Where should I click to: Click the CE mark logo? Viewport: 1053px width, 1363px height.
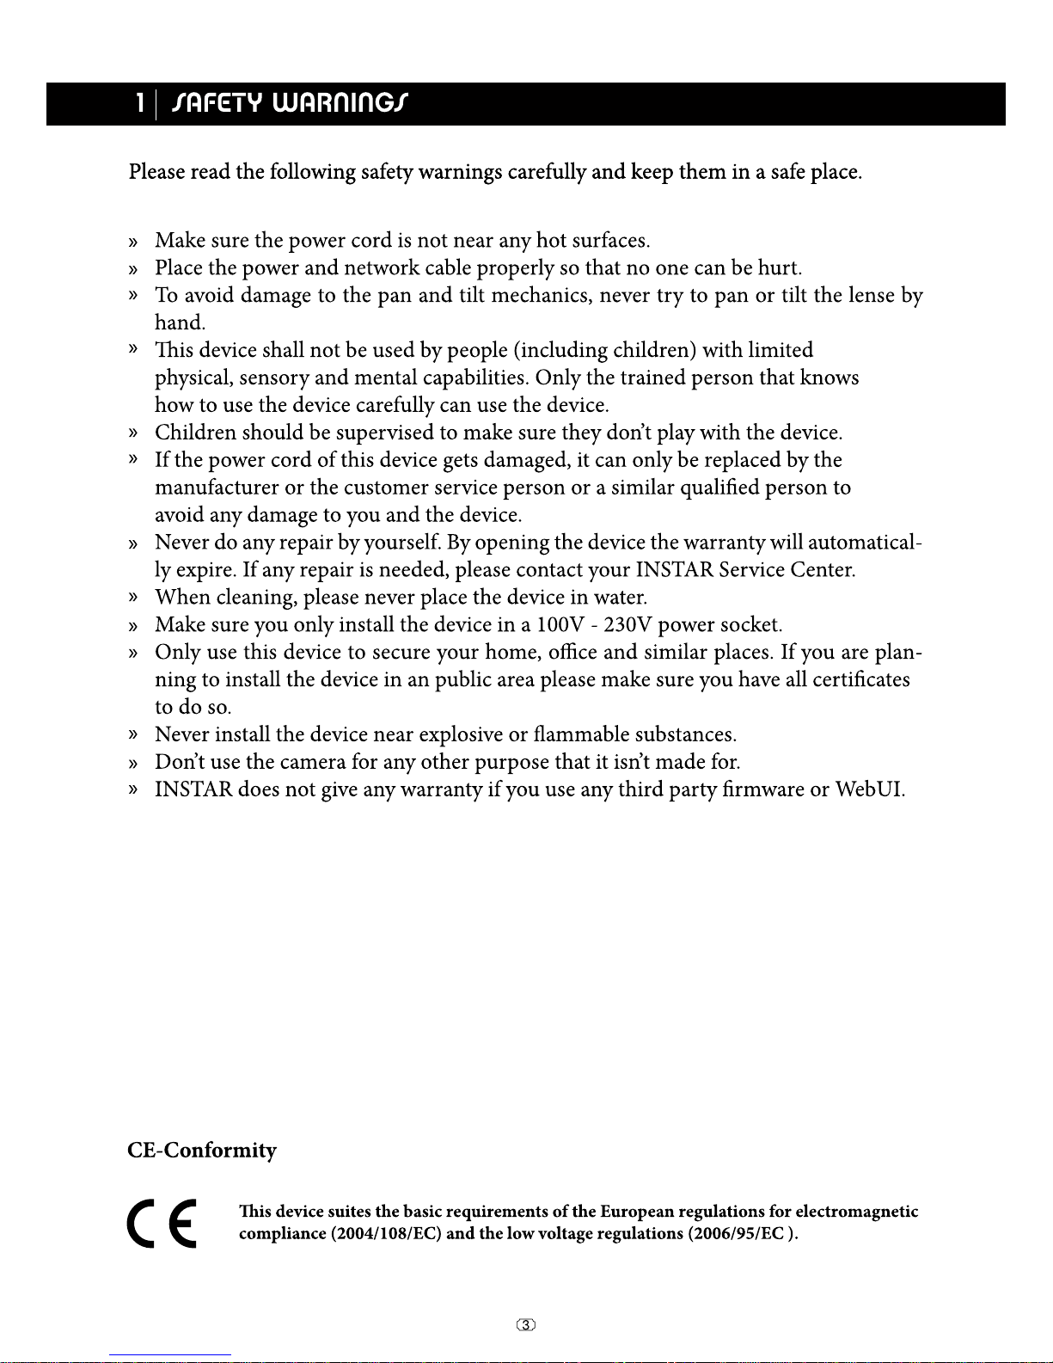(x=162, y=1223)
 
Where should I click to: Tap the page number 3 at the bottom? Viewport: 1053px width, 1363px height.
(x=526, y=1325)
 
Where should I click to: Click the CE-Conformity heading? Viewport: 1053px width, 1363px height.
(x=202, y=1151)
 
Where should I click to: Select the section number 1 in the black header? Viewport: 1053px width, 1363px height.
(x=139, y=104)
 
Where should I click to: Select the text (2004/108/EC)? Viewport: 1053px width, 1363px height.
(x=386, y=1234)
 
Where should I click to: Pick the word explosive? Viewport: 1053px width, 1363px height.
(x=461, y=734)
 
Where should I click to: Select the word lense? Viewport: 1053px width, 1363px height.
(x=872, y=295)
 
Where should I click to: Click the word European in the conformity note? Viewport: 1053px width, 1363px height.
(x=637, y=1212)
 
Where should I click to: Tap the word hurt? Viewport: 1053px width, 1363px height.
(x=779, y=267)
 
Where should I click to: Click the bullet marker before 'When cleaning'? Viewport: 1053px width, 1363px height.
(x=132, y=597)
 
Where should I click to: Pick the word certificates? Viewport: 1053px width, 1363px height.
(x=860, y=679)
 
